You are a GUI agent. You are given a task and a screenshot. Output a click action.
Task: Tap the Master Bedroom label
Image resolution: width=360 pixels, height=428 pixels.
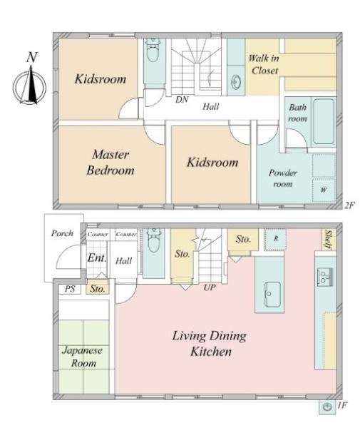[x=110, y=163]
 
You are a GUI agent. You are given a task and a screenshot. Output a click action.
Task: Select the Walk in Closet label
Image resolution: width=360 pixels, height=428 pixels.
[x=264, y=64]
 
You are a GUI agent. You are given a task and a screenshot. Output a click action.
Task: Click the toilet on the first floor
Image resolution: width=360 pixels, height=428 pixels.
[x=153, y=241]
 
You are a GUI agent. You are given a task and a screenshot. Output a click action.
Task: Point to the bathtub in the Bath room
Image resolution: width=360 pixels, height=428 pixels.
[x=324, y=121]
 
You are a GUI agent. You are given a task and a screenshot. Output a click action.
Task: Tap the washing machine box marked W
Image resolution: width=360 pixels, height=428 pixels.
[x=324, y=190]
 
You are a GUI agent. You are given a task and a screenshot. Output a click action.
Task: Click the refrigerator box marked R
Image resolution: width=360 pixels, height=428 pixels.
[x=276, y=239]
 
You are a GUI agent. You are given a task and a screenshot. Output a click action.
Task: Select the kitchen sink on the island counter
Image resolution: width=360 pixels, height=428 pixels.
[x=272, y=294]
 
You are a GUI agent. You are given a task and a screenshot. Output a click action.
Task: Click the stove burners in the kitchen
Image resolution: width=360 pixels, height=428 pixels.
[x=324, y=277]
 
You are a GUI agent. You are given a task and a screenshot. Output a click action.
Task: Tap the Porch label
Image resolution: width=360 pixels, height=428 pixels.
[x=62, y=233]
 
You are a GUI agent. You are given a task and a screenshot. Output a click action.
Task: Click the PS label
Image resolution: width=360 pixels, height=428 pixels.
[x=70, y=289]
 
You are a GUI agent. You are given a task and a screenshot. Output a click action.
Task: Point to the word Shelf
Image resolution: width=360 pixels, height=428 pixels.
[x=328, y=240]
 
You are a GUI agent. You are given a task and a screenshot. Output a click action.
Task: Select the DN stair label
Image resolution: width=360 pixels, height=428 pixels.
[x=182, y=100]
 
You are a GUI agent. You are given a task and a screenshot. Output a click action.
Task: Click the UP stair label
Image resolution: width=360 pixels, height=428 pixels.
[x=210, y=287]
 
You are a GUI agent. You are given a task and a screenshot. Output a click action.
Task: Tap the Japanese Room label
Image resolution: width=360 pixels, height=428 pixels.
[x=83, y=357]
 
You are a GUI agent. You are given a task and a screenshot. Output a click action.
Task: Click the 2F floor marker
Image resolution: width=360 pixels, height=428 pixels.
[x=349, y=205]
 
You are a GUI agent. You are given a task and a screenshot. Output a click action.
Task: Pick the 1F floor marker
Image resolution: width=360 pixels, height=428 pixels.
[x=343, y=405]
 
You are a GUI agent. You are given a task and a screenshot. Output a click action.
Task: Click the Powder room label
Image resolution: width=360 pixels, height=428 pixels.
[x=283, y=178]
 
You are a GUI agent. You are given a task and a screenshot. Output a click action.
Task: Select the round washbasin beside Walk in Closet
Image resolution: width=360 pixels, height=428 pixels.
[x=236, y=81]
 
